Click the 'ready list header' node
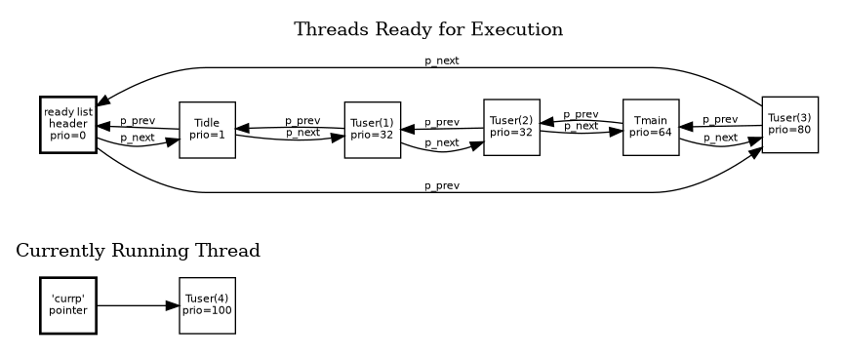[x=67, y=124]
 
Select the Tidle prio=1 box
[x=207, y=129]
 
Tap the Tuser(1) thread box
[x=373, y=129]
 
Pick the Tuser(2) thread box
[x=511, y=127]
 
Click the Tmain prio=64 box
[x=651, y=127]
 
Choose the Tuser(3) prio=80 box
[x=789, y=124]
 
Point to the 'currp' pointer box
[x=67, y=305]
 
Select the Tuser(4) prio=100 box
[x=207, y=305]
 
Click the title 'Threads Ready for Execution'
[x=428, y=29]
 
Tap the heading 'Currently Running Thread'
[x=139, y=251]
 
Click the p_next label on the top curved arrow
[x=441, y=60]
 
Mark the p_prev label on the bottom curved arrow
[x=441, y=185]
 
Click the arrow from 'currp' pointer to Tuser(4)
[x=138, y=305]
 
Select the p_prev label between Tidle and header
[x=137, y=121]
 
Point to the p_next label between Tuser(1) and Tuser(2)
[x=441, y=142]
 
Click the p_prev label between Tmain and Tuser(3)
[x=719, y=119]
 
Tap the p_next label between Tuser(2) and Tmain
[x=581, y=126]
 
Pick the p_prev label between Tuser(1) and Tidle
[x=302, y=121]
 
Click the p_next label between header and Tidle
[x=137, y=138]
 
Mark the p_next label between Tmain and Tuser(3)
[x=719, y=138]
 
